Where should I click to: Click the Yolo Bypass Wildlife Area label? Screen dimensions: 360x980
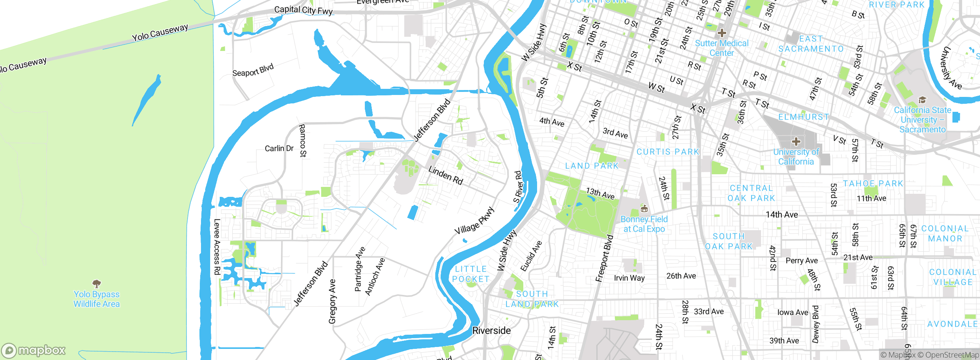[96, 299]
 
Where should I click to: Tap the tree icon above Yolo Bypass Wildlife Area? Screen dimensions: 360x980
[96, 284]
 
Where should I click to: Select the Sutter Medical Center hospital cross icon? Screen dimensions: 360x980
[722, 33]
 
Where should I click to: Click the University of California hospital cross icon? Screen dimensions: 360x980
[796, 142]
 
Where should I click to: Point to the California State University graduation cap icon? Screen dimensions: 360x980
[922, 100]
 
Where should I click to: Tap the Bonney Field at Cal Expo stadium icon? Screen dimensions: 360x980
[644, 209]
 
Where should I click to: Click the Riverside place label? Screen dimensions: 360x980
[492, 331]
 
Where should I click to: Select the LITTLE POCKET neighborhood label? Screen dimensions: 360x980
[471, 274]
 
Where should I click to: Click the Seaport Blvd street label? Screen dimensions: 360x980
[253, 70]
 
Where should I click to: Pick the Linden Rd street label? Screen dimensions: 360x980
[446, 175]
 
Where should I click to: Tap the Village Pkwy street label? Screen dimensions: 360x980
[474, 221]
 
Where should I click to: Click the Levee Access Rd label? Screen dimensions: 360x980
[217, 247]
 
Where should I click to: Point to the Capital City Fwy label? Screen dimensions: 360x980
[303, 10]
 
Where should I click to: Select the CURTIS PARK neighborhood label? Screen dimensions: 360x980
[668, 152]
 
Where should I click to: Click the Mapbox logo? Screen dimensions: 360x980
[34, 350]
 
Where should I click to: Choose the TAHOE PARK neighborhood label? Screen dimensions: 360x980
[873, 184]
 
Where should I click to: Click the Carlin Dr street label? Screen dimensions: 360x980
[279, 148]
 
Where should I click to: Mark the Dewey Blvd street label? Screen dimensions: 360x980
[816, 324]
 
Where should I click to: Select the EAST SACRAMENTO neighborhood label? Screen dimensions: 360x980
[811, 44]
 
